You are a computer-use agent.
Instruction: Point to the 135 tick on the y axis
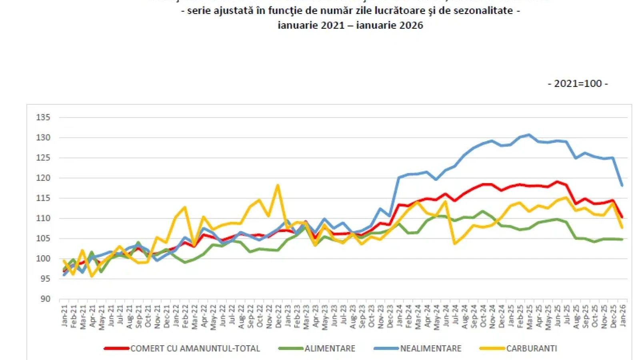click(x=43, y=118)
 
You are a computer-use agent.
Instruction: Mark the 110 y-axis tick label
click(x=43, y=218)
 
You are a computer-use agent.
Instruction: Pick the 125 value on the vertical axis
click(x=43, y=158)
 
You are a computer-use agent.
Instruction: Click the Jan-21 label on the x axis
click(x=64, y=316)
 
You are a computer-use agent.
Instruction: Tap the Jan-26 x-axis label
click(x=623, y=315)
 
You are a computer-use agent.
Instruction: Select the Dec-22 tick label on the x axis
click(x=278, y=316)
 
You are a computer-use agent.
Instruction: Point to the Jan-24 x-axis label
click(x=399, y=316)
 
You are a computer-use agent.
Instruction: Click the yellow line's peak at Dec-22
click(x=278, y=185)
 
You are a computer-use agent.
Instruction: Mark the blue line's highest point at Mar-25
click(x=529, y=134)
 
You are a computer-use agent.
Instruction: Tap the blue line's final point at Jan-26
click(x=622, y=186)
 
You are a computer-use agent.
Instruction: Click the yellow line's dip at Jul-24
click(x=455, y=243)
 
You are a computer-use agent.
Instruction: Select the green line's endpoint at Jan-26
click(x=622, y=239)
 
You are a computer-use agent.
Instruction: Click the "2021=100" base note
click(x=578, y=84)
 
